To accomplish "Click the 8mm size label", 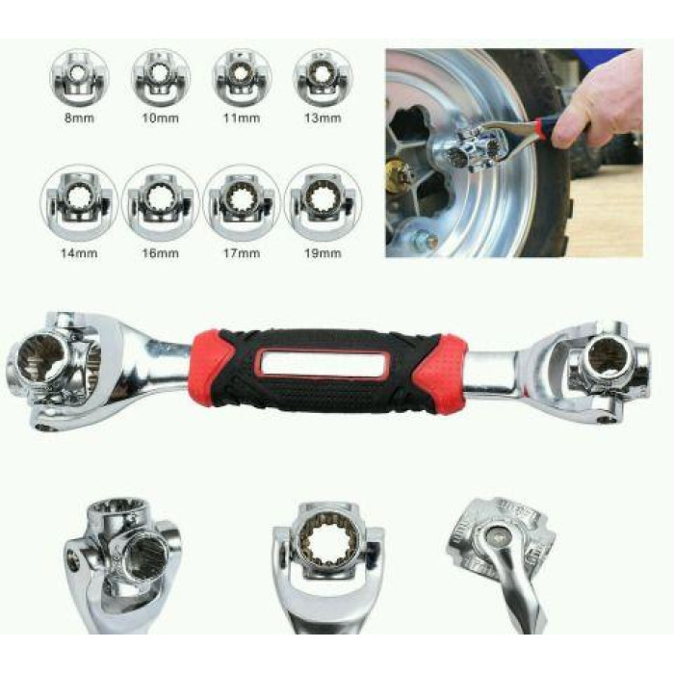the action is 79,117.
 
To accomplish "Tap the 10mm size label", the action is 161,117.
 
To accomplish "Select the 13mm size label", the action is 323,117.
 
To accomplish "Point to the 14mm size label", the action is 79,252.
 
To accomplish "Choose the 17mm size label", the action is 242,252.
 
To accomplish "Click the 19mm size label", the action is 323,252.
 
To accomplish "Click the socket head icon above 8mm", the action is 79,78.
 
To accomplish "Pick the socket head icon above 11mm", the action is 242,78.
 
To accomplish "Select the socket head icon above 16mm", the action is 161,202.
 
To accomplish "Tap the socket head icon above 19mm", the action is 323,202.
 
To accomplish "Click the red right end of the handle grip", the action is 443,370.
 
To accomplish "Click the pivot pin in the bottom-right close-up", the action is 499,536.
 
